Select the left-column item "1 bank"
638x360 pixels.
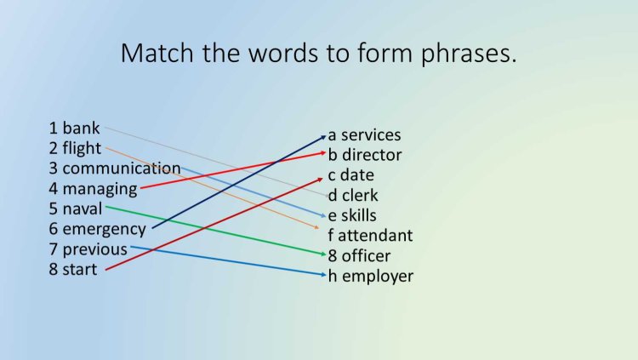(74, 129)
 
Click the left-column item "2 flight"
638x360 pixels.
(75, 149)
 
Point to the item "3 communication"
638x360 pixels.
(114, 169)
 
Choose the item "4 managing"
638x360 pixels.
(93, 189)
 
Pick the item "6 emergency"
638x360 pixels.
(97, 229)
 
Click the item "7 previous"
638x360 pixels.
(88, 249)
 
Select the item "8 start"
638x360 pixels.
(72, 270)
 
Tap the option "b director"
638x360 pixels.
(365, 155)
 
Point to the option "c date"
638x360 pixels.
(350, 175)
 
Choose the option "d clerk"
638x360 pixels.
(353, 196)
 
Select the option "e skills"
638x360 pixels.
(352, 215)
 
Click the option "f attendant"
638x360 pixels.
(370, 235)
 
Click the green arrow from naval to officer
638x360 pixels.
(213, 230)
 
